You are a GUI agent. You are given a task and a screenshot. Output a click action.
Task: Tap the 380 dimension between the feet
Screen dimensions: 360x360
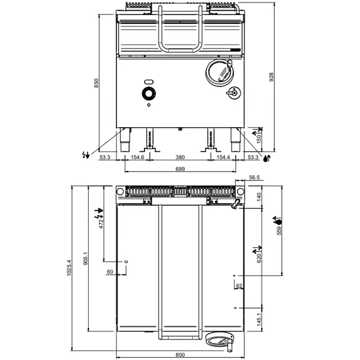click(179, 157)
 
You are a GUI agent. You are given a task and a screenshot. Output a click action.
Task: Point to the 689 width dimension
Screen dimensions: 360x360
click(179, 170)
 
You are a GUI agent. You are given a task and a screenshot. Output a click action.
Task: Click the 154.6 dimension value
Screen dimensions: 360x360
click(137, 157)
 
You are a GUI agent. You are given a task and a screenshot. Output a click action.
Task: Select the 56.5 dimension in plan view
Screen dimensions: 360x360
click(254, 178)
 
